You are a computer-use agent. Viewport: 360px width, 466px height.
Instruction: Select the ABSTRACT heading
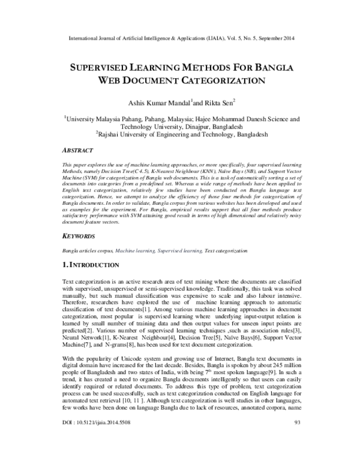79,151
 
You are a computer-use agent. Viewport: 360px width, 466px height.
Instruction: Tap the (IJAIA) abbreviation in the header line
212,35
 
